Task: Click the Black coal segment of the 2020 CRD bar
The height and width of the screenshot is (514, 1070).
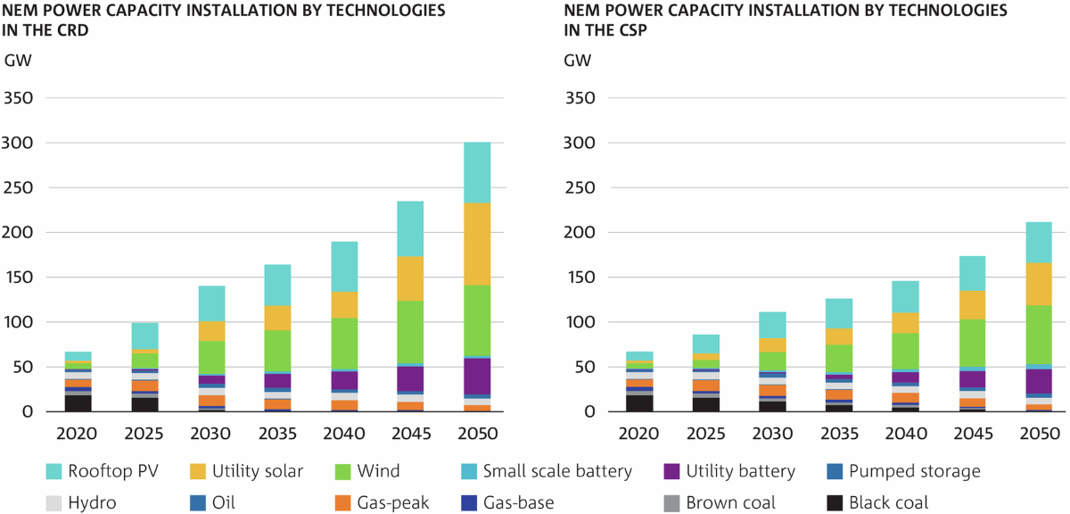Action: click(78, 403)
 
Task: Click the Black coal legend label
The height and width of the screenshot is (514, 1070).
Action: click(888, 502)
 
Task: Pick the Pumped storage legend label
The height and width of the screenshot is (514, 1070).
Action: click(914, 471)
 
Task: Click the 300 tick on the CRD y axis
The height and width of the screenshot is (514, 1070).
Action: click(18, 143)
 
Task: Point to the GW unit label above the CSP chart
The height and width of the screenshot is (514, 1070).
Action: click(577, 62)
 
